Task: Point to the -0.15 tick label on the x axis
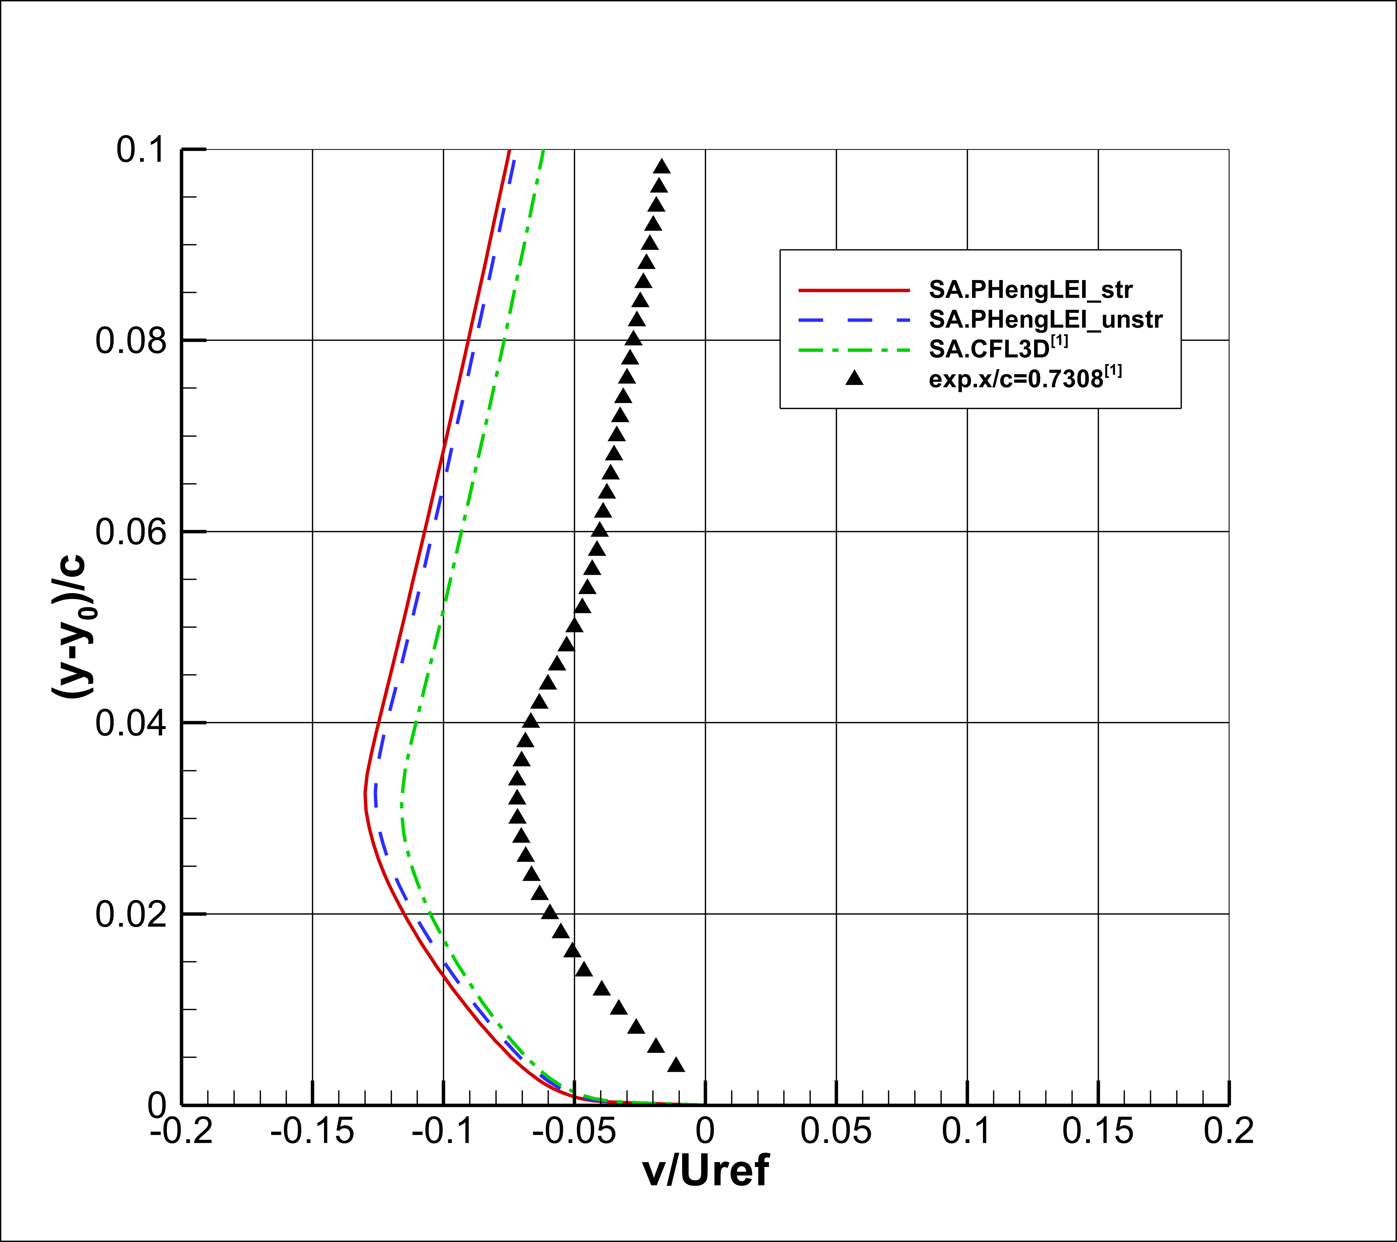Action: (x=312, y=1131)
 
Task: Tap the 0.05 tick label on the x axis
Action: (x=836, y=1131)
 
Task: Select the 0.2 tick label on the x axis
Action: (x=1228, y=1131)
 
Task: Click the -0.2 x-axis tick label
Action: (x=182, y=1131)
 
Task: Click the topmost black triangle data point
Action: (x=661, y=166)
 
